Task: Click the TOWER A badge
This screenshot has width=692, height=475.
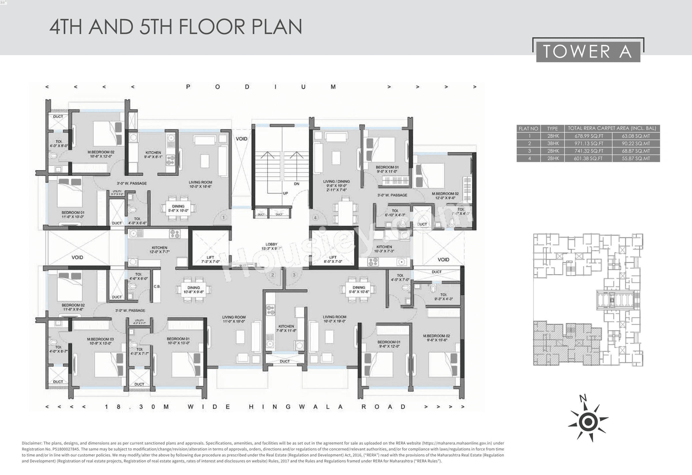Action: coord(588,52)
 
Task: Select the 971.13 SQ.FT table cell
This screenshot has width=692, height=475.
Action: coord(589,144)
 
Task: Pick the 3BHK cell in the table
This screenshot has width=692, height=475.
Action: coord(553,144)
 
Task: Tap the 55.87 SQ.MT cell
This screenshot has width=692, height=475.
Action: coord(636,158)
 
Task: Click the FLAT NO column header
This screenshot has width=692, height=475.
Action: coord(528,129)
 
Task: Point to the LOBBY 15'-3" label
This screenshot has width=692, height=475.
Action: coord(271,246)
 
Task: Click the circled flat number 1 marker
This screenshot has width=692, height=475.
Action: coord(224,218)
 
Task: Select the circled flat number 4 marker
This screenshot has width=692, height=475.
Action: coord(315,218)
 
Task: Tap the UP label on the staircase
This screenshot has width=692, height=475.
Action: coord(285,193)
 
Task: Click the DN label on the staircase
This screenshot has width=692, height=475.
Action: coord(297,184)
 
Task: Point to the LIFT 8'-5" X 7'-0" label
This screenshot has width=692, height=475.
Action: coord(333,259)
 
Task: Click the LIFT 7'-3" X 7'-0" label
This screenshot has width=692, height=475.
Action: coord(210,259)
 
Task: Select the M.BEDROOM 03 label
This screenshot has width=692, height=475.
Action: coord(100,341)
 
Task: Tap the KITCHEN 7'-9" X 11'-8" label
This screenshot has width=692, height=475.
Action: coord(286,328)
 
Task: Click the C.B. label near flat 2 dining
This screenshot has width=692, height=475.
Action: coord(157,286)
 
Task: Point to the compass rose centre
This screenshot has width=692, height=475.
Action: coord(588,422)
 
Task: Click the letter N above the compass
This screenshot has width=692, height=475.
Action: coord(583,398)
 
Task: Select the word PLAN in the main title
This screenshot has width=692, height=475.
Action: coord(277,27)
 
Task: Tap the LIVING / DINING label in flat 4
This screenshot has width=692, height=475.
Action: coord(336,181)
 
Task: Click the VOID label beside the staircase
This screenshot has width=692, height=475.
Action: coord(242,139)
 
